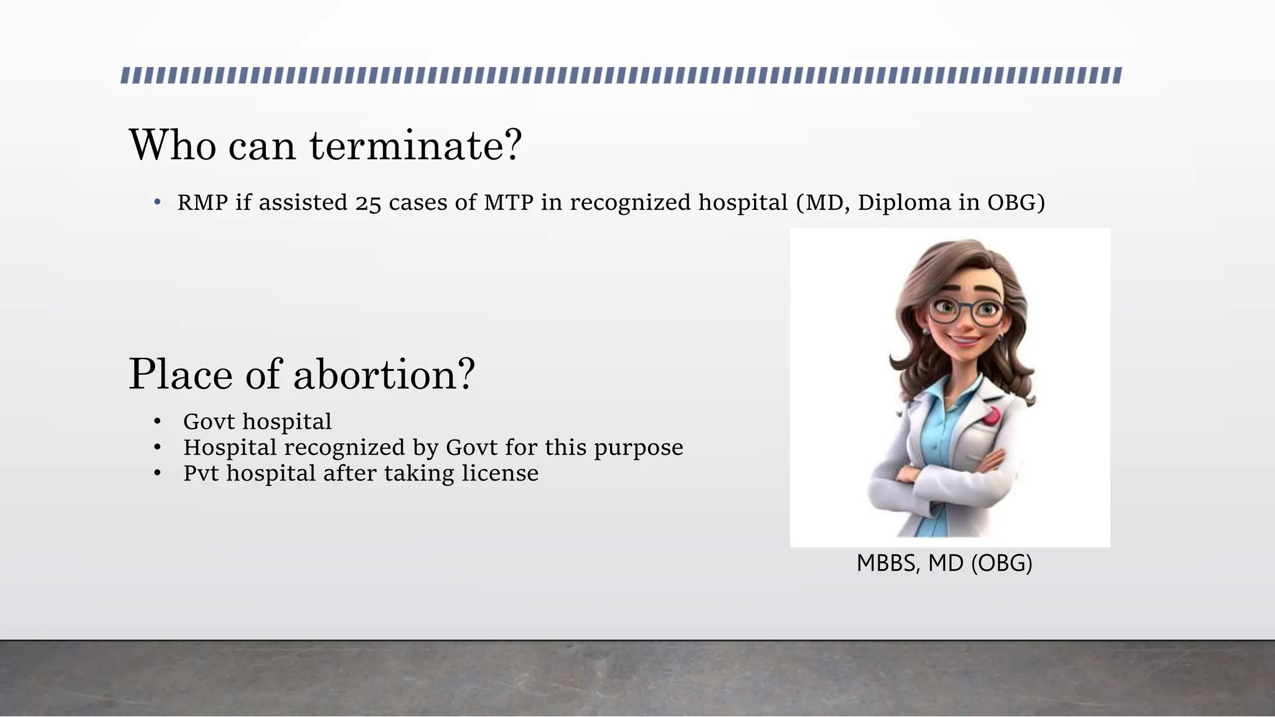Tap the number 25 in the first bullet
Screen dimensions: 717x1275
(368, 204)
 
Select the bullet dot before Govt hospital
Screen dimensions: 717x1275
(158, 423)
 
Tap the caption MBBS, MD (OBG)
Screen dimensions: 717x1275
(944, 563)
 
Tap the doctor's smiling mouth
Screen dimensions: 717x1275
(962, 342)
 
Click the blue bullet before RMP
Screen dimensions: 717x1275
(158, 203)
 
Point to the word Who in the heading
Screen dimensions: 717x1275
(172, 146)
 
